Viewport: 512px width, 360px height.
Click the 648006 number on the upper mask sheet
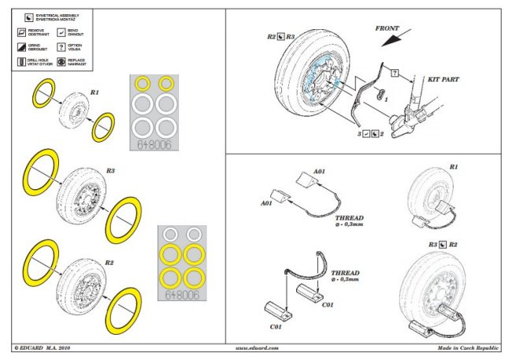pyautogui.click(x=155, y=145)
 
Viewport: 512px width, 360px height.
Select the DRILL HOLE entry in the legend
pyautogui.click(x=39, y=60)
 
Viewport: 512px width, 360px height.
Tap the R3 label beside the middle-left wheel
pyautogui.click(x=110, y=170)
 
